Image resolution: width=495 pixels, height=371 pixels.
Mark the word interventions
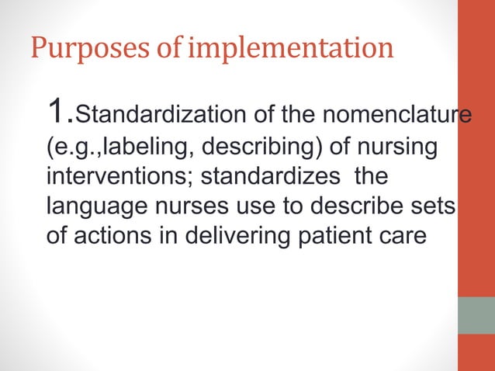(x=119, y=177)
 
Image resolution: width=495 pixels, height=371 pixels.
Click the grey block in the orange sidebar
(x=476, y=315)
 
